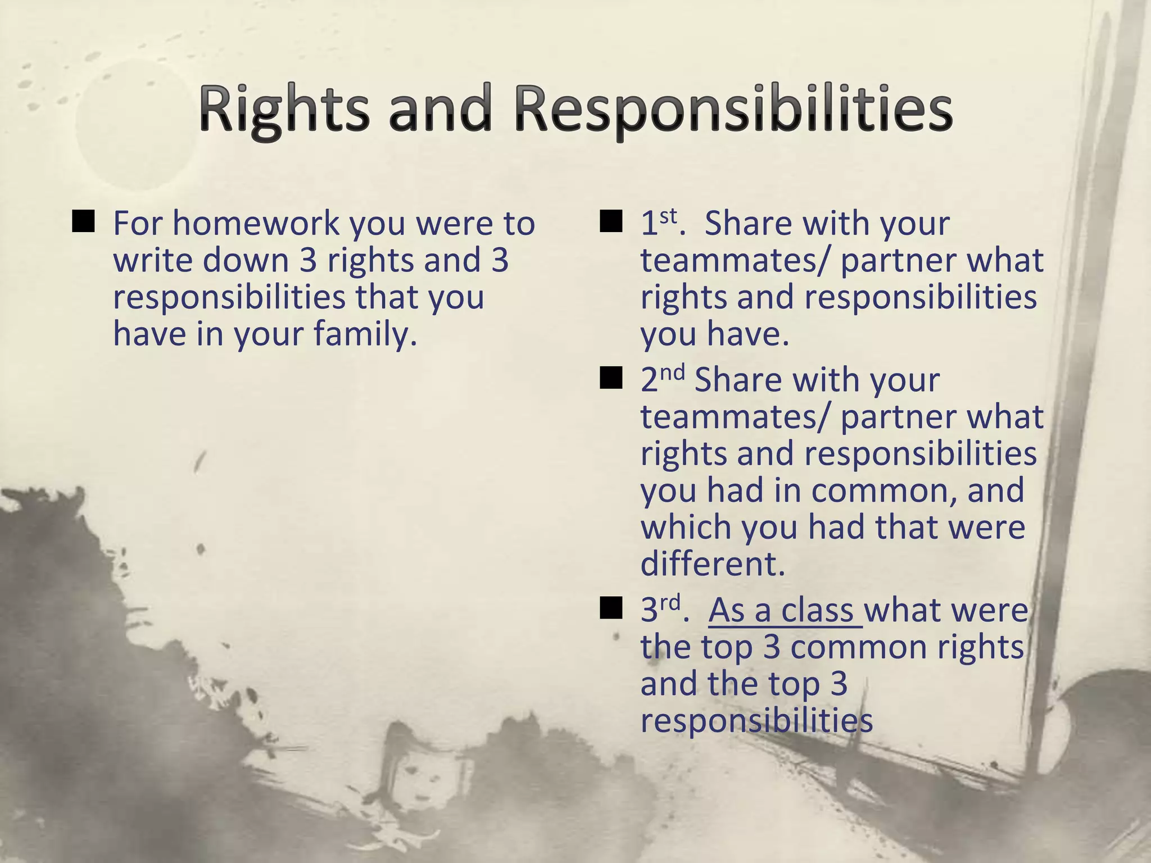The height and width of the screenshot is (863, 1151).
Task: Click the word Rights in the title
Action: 284,109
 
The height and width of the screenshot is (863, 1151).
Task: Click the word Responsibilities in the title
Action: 733,109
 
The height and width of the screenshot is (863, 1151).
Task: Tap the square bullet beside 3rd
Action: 611,608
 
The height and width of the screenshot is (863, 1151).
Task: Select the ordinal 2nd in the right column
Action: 662,379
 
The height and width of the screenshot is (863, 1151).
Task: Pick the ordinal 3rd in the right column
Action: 661,610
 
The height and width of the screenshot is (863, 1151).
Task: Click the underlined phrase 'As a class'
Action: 785,611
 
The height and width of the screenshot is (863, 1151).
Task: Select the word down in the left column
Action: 246,260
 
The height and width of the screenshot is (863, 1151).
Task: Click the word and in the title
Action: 440,109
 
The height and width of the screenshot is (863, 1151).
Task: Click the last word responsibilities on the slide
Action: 756,720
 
